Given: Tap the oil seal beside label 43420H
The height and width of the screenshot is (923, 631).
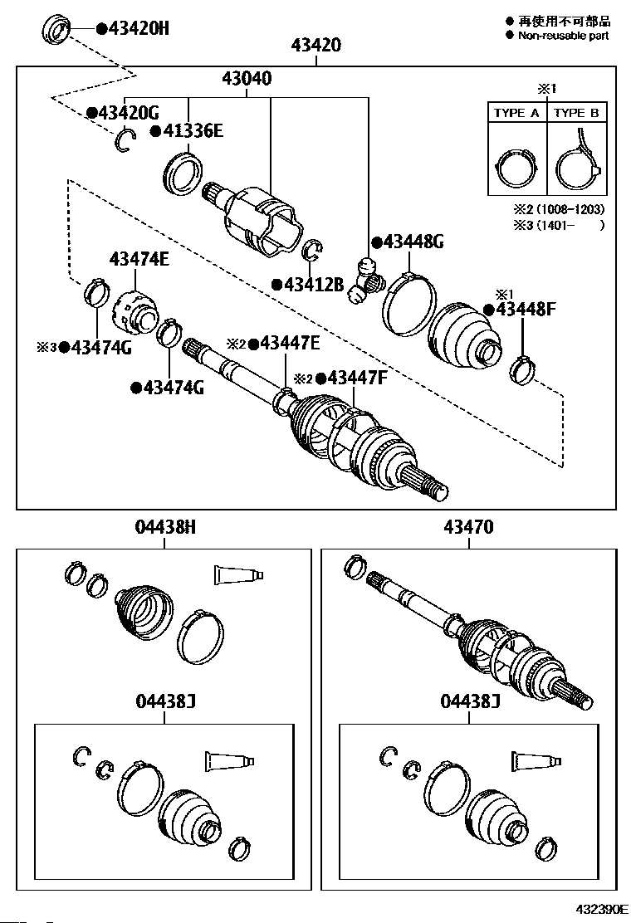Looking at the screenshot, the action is point(56,30).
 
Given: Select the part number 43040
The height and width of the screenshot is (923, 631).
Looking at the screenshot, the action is point(247,78).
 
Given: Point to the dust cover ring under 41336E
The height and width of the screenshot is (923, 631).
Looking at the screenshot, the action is point(183,173).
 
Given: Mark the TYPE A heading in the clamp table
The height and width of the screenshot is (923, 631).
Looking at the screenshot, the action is point(516,113).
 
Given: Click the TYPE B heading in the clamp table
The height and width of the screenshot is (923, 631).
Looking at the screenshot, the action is point(577,113).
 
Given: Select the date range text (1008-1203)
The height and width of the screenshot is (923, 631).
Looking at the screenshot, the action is point(567,209).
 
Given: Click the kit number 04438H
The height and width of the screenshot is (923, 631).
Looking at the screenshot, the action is point(165,526).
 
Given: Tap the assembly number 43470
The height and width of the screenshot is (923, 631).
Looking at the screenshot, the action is point(468,526).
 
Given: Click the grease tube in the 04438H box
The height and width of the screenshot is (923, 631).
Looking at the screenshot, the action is point(238,575).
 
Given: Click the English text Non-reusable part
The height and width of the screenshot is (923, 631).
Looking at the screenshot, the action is point(563,36).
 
